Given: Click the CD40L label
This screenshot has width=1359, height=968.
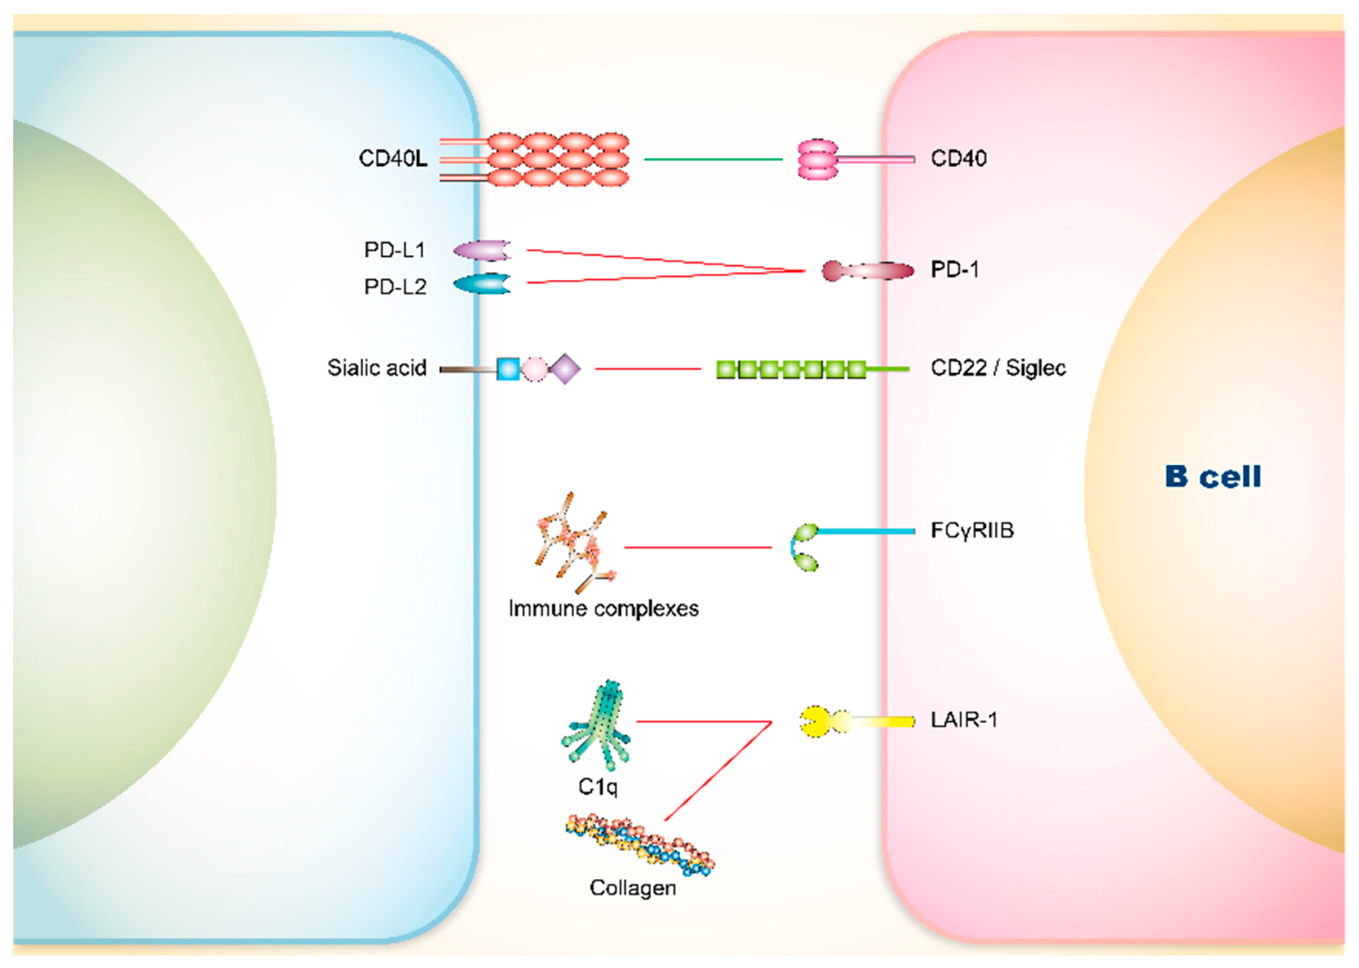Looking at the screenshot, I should click(x=393, y=159).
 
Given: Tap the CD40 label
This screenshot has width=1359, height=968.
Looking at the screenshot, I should click(x=958, y=159).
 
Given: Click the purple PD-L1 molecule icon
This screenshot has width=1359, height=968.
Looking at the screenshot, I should click(x=482, y=250).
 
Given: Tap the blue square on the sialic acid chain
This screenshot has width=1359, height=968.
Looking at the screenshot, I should click(x=508, y=369).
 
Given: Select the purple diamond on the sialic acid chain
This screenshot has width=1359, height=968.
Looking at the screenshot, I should click(x=564, y=369).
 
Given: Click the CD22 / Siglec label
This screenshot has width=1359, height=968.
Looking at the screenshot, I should click(x=998, y=369).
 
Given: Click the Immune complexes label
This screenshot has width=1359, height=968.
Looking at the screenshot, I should click(x=603, y=609).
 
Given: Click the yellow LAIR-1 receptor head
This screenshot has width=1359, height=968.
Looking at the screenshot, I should click(x=814, y=722).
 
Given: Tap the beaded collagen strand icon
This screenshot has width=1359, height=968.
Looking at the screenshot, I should click(x=639, y=844).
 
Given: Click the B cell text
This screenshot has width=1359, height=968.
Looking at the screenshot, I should click(x=1213, y=477).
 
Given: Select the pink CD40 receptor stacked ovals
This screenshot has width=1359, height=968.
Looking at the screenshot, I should click(x=817, y=159).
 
